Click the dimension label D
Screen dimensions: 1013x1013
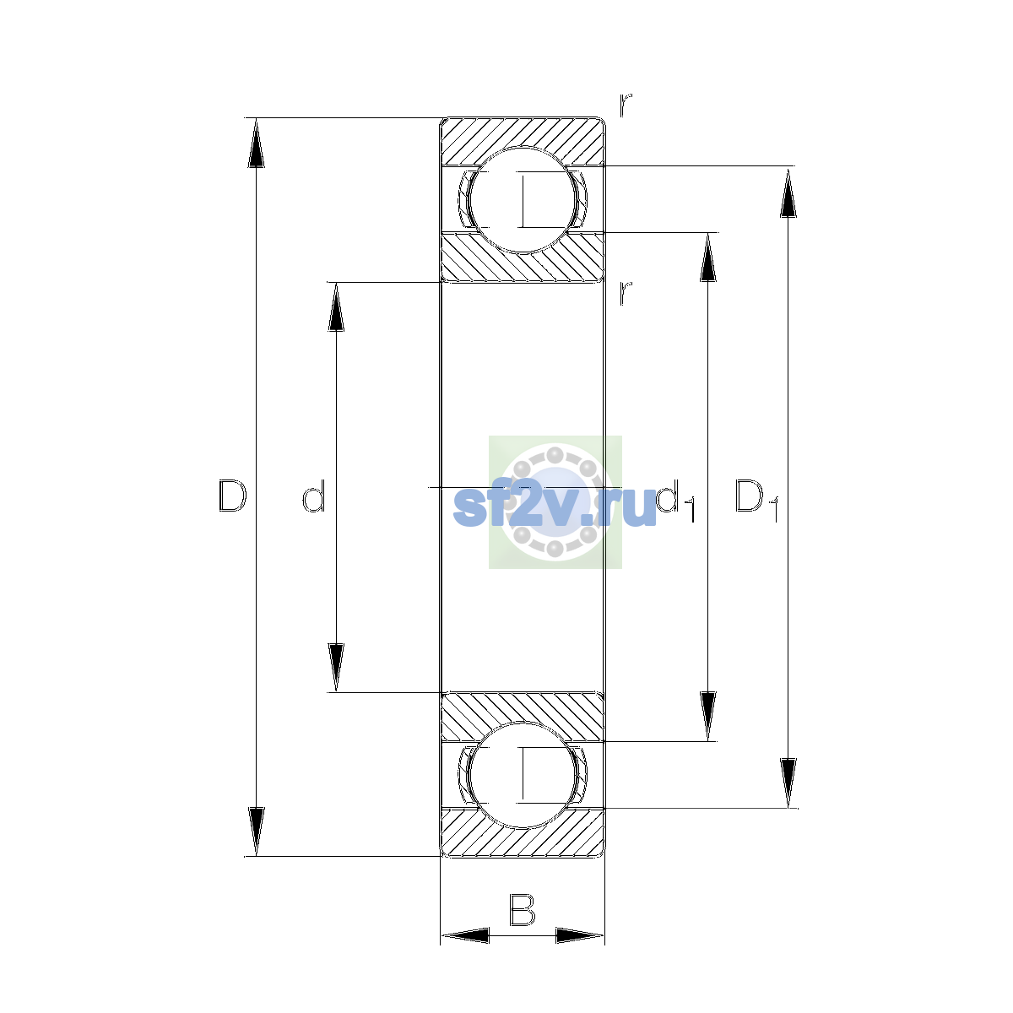232,496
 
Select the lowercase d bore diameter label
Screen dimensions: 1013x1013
314,496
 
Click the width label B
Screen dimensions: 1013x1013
522,909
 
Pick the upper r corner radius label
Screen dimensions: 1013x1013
626,105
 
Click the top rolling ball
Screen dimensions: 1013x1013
522,200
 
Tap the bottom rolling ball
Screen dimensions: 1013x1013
522,775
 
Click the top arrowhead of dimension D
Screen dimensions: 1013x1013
256,143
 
